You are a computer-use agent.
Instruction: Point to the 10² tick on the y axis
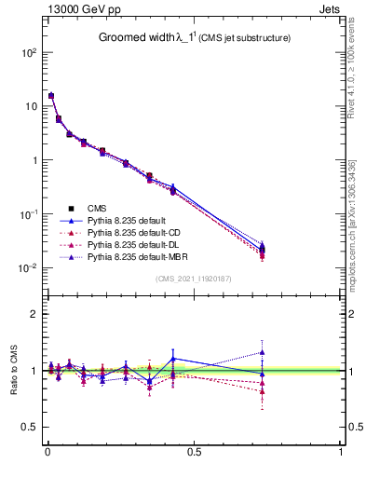(x=27, y=53)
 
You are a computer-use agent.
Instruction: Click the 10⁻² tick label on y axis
(x=27, y=268)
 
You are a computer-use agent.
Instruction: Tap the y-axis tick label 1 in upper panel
(x=32, y=160)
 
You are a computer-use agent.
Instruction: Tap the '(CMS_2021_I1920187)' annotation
(x=193, y=279)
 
